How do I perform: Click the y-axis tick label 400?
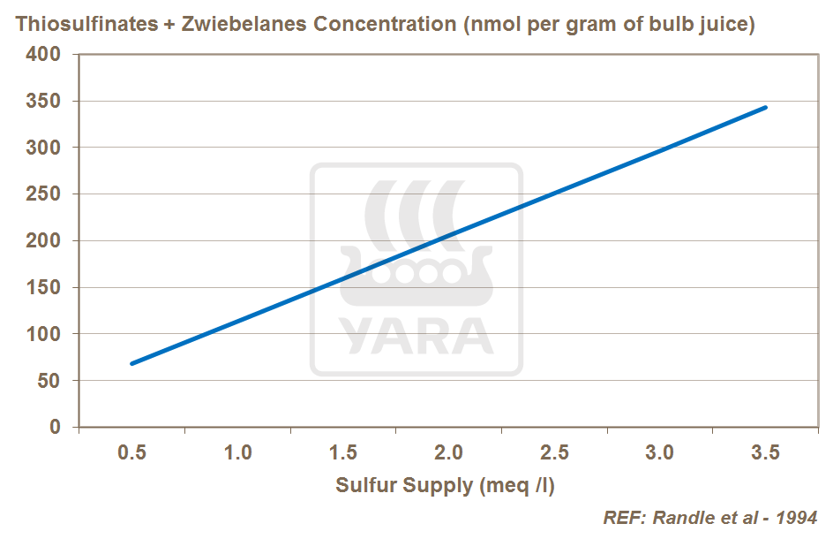[44, 55]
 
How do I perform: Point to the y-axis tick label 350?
[44, 102]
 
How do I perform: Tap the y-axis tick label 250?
[44, 194]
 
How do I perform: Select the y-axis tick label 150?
[44, 288]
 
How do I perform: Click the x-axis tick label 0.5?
[132, 453]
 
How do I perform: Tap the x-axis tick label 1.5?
[343, 453]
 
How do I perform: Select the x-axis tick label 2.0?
[448, 453]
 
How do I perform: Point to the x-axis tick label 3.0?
[659, 453]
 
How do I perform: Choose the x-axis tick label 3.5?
[765, 453]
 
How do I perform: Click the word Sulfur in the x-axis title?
[364, 485]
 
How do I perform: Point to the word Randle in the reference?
[683, 518]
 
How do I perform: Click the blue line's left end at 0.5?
[132, 363]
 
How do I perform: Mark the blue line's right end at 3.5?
[765, 108]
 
